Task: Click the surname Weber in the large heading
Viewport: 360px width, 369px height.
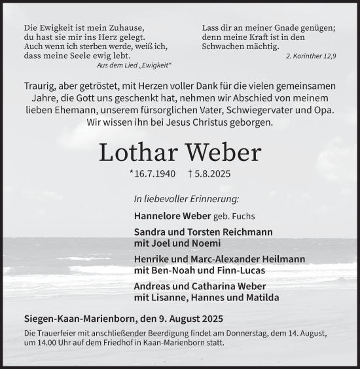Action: click(x=223, y=152)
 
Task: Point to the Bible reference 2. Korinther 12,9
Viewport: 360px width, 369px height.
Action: click(x=311, y=57)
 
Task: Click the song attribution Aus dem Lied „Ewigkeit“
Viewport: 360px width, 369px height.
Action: click(x=134, y=66)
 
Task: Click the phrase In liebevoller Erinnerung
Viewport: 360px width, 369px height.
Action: click(x=187, y=198)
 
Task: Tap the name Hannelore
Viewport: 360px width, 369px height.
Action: click(x=158, y=216)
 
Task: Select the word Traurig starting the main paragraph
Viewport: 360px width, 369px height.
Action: click(x=41, y=86)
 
